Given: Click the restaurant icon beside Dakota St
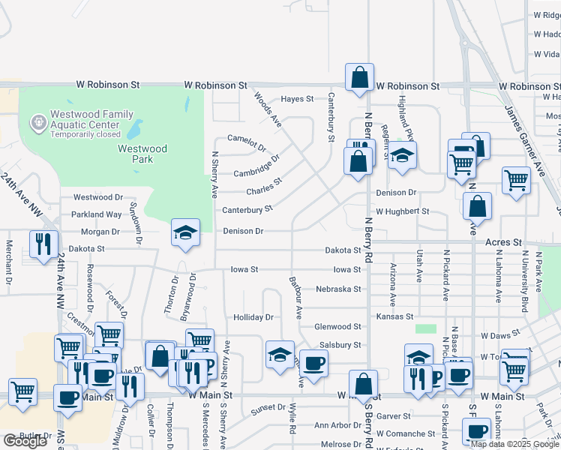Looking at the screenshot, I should [44, 244].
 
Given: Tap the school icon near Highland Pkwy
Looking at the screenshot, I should [403, 157].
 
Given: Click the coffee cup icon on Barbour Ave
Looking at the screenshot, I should [313, 363].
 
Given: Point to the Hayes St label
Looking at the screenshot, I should [297, 99].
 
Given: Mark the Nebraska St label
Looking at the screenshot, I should [338, 289].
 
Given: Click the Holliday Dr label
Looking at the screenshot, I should [253, 317].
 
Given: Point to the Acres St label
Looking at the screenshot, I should [503, 243].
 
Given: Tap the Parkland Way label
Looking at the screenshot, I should [97, 214].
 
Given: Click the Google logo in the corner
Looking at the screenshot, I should [25, 441].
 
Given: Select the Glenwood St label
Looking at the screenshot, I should [337, 326].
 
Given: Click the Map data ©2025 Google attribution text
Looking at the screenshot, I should [514, 444].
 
